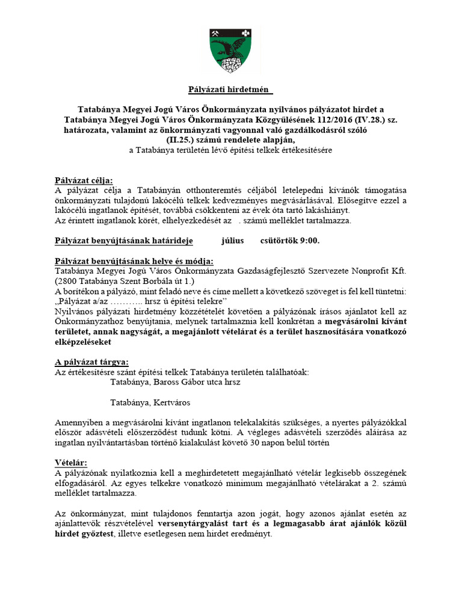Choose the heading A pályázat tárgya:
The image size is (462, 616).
click(x=91, y=362)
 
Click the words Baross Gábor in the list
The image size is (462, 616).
click(x=183, y=381)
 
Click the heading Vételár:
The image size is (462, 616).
click(x=71, y=462)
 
